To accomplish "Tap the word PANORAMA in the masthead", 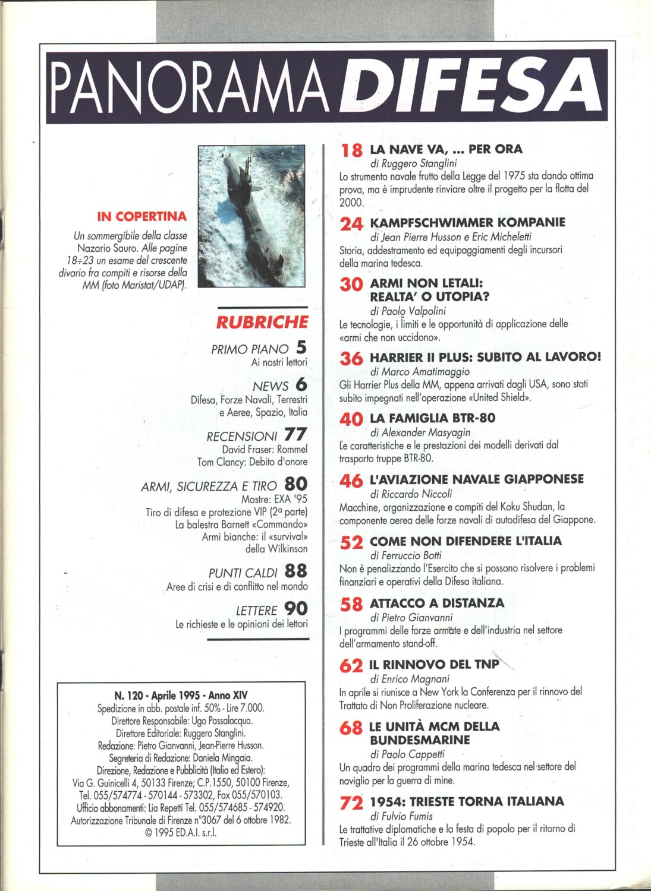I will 183,89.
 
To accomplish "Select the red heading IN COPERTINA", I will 141,217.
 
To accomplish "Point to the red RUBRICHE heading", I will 262,323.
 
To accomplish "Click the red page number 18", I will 351,150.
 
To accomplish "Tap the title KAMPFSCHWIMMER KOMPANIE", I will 467,223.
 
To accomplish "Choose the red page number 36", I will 351,359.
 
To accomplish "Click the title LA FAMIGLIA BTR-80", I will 432,418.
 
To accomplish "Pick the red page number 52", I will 351,543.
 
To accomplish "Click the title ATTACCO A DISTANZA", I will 436,603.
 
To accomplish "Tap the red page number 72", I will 351,803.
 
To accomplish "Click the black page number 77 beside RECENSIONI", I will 295,435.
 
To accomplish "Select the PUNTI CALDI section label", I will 243,573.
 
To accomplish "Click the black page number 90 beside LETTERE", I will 295,609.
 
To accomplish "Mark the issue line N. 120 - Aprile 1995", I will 181,695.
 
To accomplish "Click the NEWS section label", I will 270,386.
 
